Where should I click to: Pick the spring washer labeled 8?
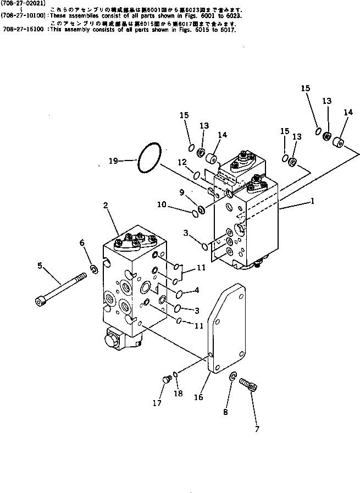233,376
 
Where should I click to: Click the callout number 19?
113,162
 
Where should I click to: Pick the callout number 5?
40,265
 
